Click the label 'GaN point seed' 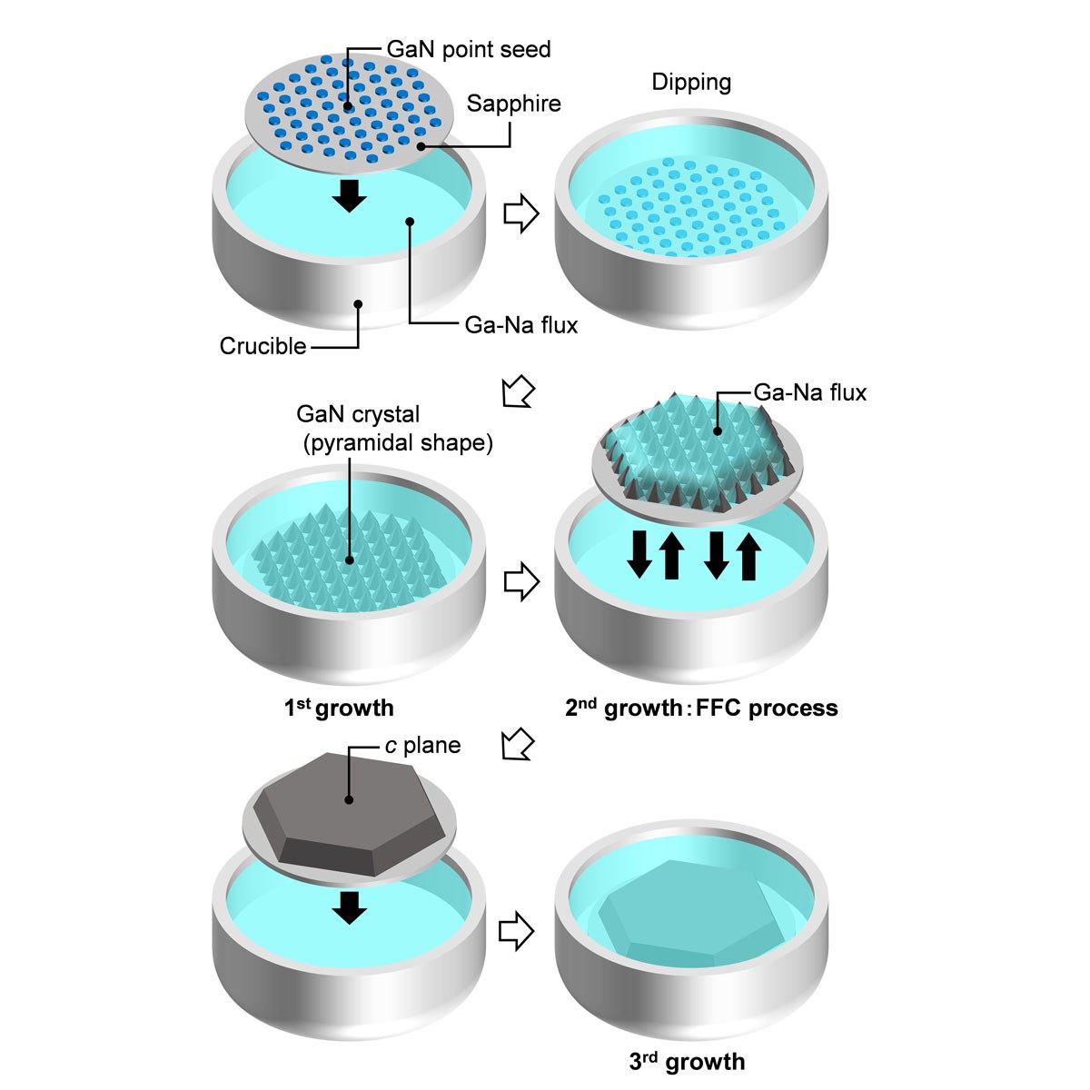point(469,49)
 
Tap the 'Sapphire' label point(513,104)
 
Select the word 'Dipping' point(691,83)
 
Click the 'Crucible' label point(263,346)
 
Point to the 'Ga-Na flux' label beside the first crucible point(520,324)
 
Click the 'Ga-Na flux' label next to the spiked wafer point(809,392)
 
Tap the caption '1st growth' point(339,708)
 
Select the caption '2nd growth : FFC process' point(701,708)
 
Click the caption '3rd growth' point(687,1061)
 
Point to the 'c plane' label point(422,746)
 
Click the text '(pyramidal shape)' point(397,442)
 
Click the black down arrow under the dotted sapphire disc point(349,194)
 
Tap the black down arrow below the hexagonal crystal point(349,907)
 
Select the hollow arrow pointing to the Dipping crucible point(520,214)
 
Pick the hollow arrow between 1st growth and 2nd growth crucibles point(520,581)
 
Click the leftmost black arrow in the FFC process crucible point(639,554)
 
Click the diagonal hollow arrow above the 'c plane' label point(517,744)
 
